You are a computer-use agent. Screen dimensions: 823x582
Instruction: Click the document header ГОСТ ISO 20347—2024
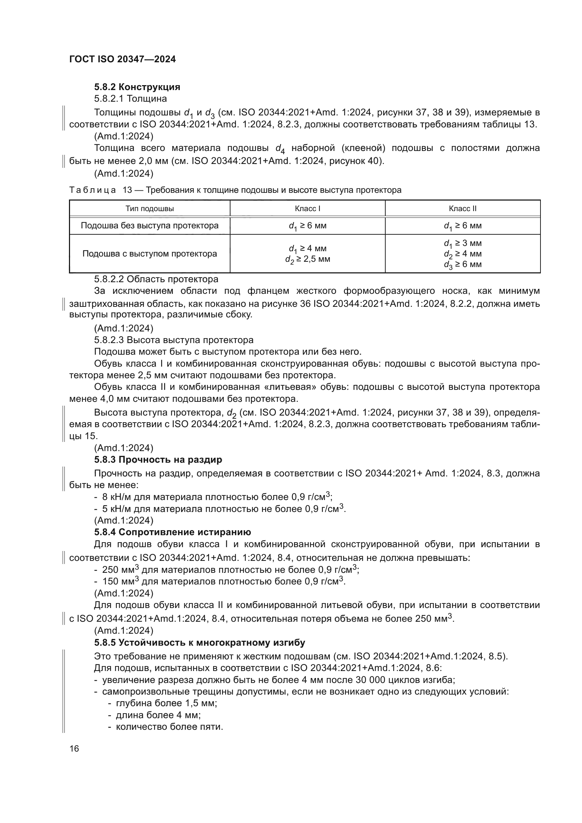(x=122, y=59)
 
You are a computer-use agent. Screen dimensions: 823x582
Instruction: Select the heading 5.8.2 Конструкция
(x=137, y=87)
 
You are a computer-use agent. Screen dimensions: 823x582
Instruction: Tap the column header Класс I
(x=308, y=209)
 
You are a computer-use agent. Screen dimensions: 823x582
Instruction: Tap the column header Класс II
(x=463, y=209)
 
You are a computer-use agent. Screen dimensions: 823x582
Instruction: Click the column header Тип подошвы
(x=150, y=209)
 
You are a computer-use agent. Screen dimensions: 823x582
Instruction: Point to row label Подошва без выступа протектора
(x=150, y=226)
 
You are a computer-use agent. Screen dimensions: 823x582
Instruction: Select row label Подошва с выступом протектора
(x=150, y=254)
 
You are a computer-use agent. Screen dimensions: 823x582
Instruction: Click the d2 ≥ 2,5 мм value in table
(x=308, y=259)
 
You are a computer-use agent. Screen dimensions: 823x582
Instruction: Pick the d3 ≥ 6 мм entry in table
(x=463, y=265)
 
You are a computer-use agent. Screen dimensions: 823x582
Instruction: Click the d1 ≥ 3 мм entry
(x=463, y=243)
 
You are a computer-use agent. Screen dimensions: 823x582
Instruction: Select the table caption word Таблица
(x=93, y=190)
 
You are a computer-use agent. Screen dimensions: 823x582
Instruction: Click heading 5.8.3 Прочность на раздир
(x=158, y=460)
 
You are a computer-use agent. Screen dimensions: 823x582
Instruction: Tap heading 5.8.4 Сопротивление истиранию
(x=172, y=532)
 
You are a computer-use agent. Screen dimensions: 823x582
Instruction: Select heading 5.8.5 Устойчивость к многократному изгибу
(x=200, y=643)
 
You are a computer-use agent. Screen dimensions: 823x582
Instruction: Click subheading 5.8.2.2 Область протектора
(x=156, y=279)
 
